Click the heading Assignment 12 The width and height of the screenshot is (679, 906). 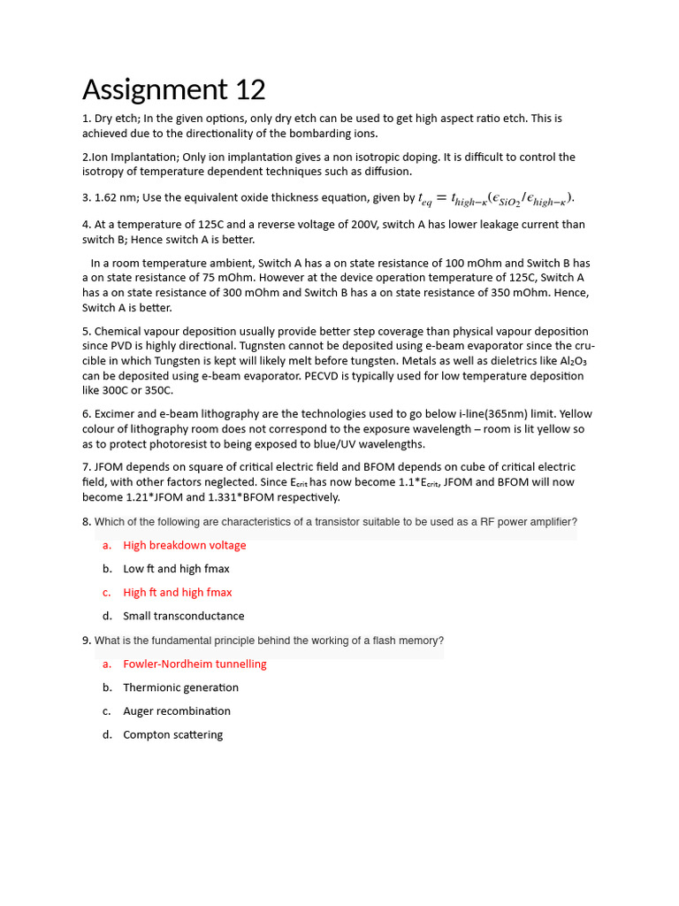pos(173,89)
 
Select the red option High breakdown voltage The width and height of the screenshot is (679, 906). pos(184,545)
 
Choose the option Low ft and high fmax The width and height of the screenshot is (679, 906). pos(176,569)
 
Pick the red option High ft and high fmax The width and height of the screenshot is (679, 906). pos(177,592)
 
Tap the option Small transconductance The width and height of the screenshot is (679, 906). pos(183,616)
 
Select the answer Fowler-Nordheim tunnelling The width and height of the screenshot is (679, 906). pos(195,664)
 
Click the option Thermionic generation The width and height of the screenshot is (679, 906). pos(180,687)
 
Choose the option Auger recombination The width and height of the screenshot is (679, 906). pos(176,710)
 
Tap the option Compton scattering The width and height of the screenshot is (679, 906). pos(172,734)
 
